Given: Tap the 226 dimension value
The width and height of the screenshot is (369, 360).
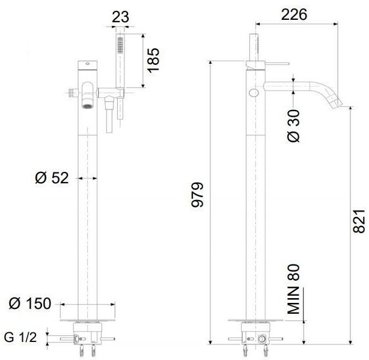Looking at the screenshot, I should tap(294, 14).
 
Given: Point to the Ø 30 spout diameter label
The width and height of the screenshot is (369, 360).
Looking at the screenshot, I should tap(294, 127).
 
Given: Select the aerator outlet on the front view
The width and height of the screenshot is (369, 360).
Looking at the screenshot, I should tap(87, 106).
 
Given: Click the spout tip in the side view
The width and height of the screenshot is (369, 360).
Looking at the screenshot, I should tap(337, 105).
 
